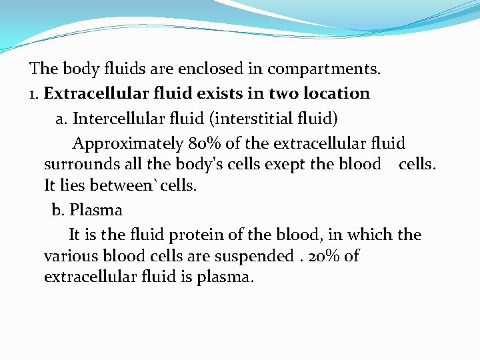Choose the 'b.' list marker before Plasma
tap(59, 210)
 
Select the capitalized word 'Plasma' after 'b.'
tap(96, 211)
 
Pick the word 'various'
tap(71, 256)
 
